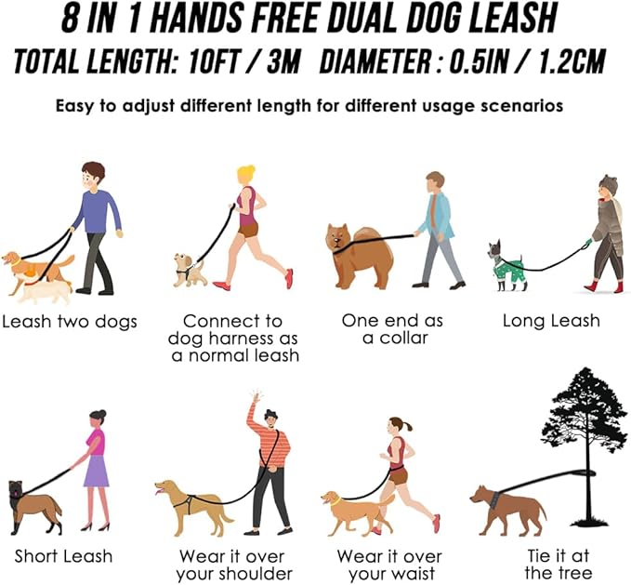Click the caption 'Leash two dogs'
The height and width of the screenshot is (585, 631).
69,322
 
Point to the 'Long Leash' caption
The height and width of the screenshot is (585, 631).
551,321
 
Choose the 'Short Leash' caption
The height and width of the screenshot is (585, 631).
63,556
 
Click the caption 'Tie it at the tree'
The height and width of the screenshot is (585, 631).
559,565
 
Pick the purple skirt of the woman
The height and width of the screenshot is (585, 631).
96,471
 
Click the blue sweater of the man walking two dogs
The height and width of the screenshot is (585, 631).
99,212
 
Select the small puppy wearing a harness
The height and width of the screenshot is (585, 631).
189,270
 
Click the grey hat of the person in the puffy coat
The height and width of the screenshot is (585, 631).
608,183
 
